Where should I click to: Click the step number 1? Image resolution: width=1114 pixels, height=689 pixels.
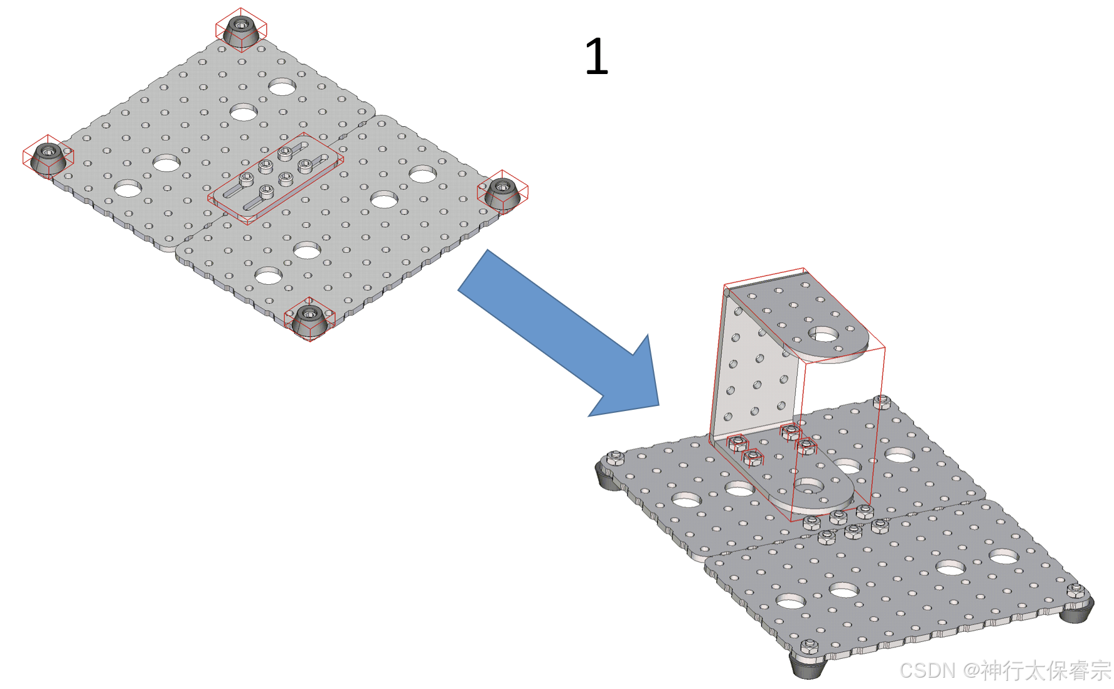[596, 56]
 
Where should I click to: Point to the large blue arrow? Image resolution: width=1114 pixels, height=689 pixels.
[559, 333]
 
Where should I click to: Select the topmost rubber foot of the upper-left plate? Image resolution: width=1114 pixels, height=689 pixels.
[241, 31]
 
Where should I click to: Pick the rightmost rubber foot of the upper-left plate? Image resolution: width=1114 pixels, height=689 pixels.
[502, 193]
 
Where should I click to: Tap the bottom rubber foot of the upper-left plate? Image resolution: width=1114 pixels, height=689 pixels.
[309, 319]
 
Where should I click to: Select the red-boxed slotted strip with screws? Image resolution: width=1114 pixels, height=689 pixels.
[275, 178]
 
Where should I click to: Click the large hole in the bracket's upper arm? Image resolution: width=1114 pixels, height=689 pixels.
[823, 334]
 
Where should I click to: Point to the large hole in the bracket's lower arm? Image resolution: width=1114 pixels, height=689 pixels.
[810, 486]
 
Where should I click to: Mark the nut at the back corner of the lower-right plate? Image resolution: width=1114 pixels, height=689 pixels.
[882, 402]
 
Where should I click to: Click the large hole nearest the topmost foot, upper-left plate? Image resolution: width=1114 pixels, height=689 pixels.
[282, 87]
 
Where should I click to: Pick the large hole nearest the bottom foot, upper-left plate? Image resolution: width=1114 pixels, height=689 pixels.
[269, 275]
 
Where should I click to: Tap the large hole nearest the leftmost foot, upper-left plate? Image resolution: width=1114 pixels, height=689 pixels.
[128, 188]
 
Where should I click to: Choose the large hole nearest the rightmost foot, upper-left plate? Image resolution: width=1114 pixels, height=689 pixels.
[422, 174]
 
